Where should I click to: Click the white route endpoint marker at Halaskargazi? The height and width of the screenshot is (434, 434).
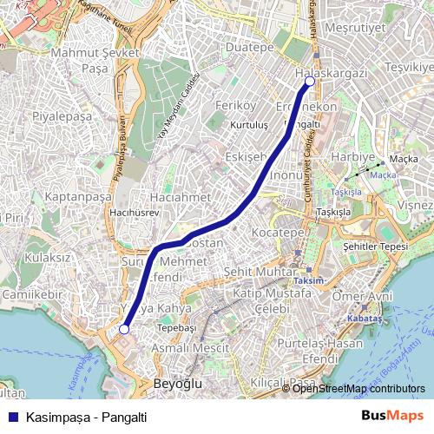point(309,82)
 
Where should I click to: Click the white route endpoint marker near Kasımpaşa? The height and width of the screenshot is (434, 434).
point(124,330)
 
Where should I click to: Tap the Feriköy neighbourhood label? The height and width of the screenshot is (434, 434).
point(230,105)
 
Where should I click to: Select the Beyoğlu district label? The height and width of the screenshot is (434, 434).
point(176,383)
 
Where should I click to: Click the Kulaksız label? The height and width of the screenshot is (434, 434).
point(48,257)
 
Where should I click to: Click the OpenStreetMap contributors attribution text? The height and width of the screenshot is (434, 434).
point(358,389)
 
